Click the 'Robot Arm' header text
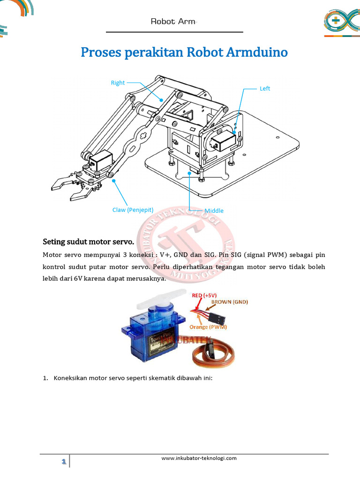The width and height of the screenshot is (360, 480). point(173,22)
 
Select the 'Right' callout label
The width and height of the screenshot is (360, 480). point(118,83)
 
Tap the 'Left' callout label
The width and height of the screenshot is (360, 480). point(265,89)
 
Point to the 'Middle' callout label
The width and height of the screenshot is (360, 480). point(214,211)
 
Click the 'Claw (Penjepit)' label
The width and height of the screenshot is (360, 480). point(133,210)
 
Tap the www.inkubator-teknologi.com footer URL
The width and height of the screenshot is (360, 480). point(199,458)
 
